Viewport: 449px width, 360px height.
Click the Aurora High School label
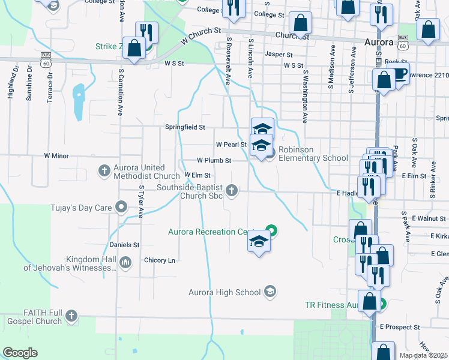coord(224,292)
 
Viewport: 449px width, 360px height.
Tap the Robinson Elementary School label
coord(313,158)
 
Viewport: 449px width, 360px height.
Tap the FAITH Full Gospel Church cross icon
coord(71,316)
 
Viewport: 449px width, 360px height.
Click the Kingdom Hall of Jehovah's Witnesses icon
coord(125,262)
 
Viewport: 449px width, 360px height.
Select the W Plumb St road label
coord(214,161)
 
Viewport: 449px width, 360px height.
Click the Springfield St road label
coord(185,127)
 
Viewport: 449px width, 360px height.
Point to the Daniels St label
coord(124,245)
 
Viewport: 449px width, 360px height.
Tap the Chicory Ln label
coord(160,260)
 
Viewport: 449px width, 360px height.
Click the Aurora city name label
coord(379,43)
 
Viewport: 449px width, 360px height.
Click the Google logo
coord(20,353)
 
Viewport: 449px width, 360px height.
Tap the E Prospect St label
coord(400,327)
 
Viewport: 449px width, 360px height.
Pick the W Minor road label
coord(56,155)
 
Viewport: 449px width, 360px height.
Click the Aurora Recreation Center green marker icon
coord(271,229)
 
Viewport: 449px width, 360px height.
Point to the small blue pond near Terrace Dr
coord(78,94)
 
